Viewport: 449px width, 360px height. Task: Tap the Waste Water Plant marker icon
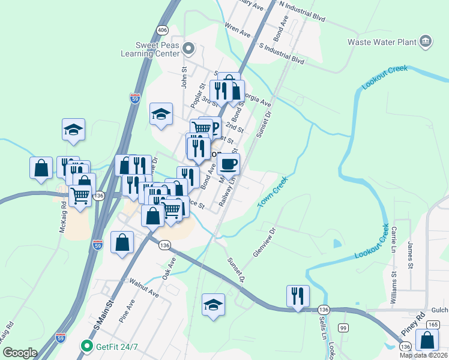pyautogui.click(x=426, y=41)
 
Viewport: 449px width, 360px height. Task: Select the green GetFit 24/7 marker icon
pyautogui.click(x=87, y=346)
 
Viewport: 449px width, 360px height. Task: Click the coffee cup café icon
pyautogui.click(x=229, y=163)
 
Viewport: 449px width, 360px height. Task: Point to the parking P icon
pyautogui.click(x=212, y=127)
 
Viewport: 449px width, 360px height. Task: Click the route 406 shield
pyautogui.click(x=162, y=29)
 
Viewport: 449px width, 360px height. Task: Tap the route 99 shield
pyautogui.click(x=343, y=328)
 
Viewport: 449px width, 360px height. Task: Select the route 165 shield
pyautogui.click(x=432, y=324)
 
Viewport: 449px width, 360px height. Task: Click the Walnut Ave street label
pyautogui.click(x=142, y=287)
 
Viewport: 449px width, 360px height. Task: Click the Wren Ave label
pyautogui.click(x=237, y=30)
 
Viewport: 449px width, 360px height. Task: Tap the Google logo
pyautogui.click(x=20, y=353)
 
